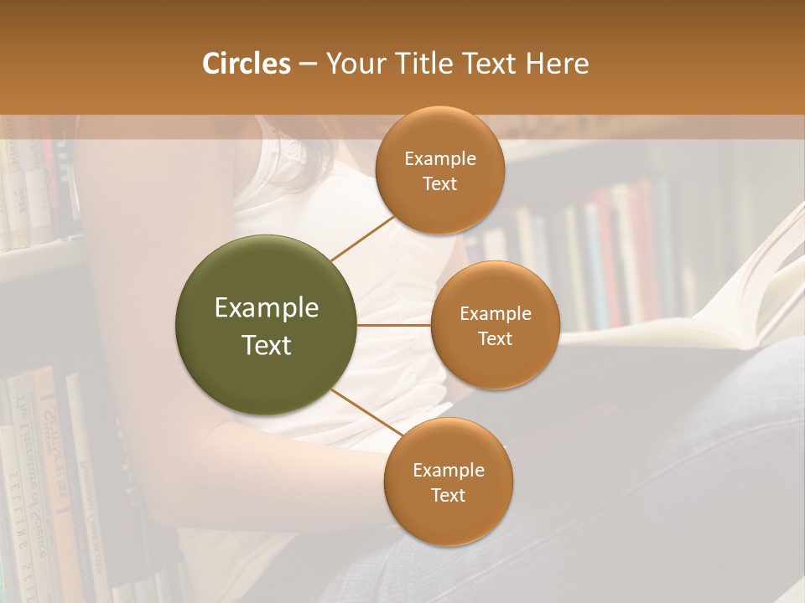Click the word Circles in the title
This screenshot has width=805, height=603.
coord(247,64)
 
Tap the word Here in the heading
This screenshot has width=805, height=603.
coord(558,64)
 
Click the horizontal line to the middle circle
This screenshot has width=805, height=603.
coord(394,325)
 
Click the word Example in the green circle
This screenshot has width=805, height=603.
coord(267,308)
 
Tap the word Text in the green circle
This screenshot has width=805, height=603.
coord(267,345)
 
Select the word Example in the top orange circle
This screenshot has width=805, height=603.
coord(440,159)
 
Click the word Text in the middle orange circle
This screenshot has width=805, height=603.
coord(495,339)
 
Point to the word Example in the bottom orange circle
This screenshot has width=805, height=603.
coord(449,471)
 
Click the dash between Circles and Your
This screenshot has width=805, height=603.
coord(307,64)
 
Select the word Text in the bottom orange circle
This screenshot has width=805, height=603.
coord(448,496)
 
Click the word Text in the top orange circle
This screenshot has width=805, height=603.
coord(440,184)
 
